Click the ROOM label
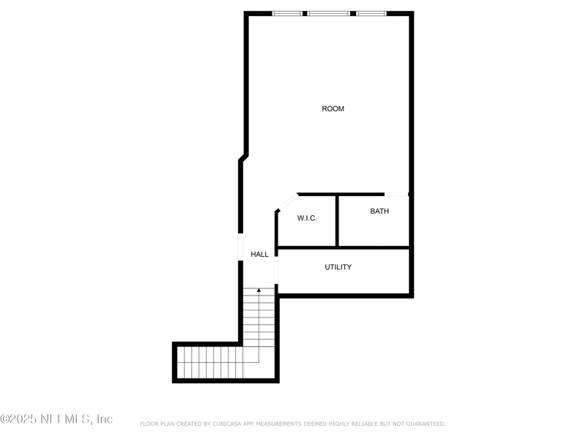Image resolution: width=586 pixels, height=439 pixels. pyautogui.click(x=333, y=109)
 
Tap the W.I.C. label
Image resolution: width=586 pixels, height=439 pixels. pyautogui.click(x=307, y=219)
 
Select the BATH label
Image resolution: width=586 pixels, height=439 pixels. pyautogui.click(x=379, y=211)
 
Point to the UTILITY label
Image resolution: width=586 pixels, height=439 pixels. pyautogui.click(x=338, y=267)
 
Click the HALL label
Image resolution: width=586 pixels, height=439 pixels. pyautogui.click(x=259, y=255)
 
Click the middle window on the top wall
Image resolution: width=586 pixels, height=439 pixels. pyautogui.click(x=328, y=13)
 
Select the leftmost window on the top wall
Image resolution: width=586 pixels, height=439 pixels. pyautogui.click(x=287, y=13)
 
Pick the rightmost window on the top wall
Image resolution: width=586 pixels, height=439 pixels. pyautogui.click(x=371, y=13)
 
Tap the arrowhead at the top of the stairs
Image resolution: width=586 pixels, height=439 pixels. pyautogui.click(x=259, y=290)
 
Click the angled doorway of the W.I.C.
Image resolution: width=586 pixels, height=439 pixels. pyautogui.click(x=286, y=203)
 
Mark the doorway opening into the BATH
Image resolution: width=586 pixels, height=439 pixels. pyautogui.click(x=396, y=195)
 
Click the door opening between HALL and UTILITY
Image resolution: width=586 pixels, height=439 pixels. pyautogui.click(x=276, y=267)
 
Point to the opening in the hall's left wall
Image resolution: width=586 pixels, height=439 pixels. pyautogui.click(x=240, y=247)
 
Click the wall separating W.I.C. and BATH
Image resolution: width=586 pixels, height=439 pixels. pyautogui.click(x=336, y=220)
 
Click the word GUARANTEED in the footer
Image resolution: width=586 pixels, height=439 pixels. pyautogui.click(x=423, y=424)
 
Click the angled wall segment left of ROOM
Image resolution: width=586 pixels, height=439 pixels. pyautogui.click(x=244, y=158)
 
